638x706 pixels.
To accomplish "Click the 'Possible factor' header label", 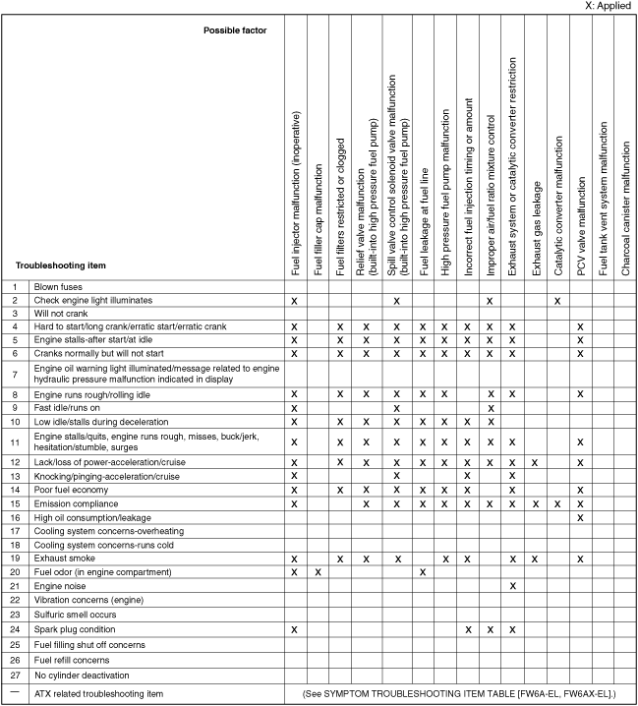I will coord(235,30).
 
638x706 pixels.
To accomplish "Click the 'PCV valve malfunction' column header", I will coord(581,225).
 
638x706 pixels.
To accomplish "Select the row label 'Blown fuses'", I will coord(60,286).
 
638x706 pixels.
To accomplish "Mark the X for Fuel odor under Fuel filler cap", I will coord(318,571).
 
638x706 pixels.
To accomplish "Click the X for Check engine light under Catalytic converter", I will coord(557,299).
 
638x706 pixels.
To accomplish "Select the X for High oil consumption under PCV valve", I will coord(581,516).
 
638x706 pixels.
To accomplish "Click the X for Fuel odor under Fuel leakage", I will coord(422,571).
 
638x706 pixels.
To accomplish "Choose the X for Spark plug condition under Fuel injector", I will coord(294,627).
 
